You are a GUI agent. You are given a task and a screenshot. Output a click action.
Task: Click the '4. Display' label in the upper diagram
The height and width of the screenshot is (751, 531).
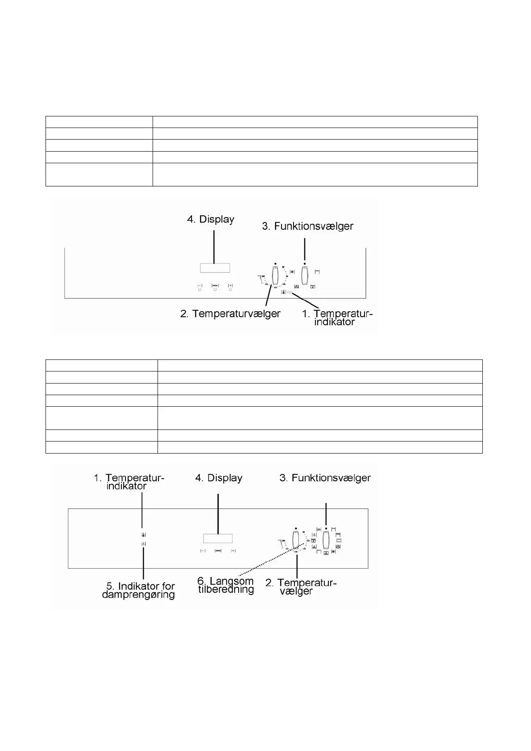pos(211,219)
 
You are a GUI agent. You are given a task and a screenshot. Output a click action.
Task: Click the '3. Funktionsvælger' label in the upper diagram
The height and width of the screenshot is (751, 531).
pos(307,226)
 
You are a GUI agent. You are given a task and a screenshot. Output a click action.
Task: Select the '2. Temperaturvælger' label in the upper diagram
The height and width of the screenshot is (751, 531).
pos(230,314)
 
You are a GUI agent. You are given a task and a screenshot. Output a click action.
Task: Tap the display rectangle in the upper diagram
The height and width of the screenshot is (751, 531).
pos(215,268)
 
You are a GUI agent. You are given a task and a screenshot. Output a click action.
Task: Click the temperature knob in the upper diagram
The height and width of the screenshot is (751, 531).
pos(275,276)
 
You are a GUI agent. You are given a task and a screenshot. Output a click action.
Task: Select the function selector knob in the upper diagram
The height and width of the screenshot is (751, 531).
pos(305,276)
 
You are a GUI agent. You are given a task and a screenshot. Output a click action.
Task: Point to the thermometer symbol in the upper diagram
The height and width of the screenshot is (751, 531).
pos(283,293)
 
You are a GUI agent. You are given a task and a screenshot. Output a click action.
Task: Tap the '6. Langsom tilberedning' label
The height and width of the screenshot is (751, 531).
pos(226,585)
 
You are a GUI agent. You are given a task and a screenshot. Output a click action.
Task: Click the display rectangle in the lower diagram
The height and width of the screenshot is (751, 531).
pos(218,538)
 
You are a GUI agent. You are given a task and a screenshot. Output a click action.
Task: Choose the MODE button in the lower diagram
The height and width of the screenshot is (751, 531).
pos(218,551)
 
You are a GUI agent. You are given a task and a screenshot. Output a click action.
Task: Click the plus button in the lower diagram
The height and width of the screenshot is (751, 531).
pos(233,551)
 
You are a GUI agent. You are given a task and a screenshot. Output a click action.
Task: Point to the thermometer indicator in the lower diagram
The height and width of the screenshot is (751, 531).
pos(143,535)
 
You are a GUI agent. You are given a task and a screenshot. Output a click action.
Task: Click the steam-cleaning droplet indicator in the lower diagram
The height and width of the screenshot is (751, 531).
pos(143,544)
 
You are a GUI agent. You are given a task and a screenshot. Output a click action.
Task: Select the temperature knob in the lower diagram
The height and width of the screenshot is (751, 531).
pos(296,541)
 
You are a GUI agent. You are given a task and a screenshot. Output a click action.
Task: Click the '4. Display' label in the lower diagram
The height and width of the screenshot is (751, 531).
pos(219,478)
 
